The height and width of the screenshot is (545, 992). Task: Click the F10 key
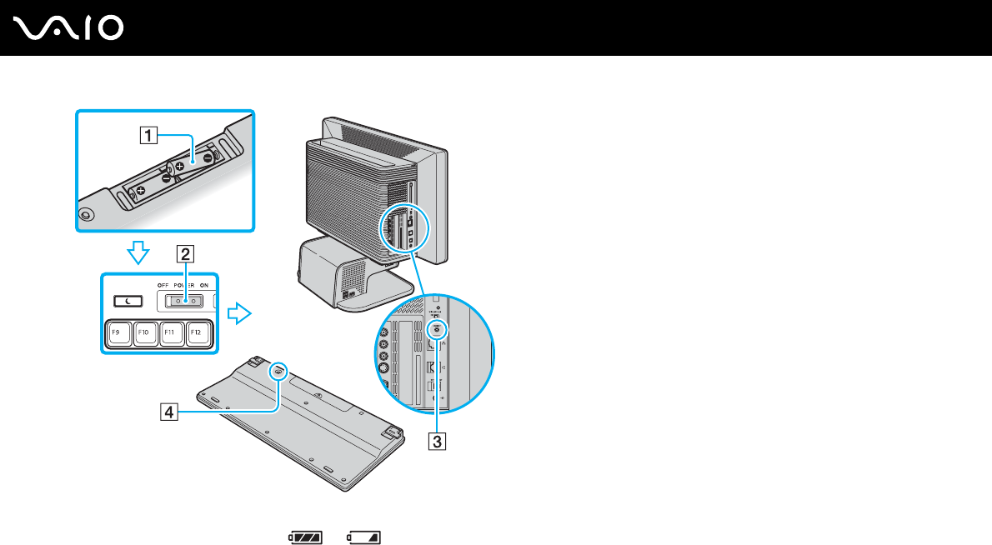coord(144,333)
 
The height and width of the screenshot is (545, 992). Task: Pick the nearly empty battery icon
coord(363,537)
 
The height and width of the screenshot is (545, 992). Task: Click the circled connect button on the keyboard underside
coord(278,372)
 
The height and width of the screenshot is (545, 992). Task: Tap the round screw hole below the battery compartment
coord(87,213)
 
